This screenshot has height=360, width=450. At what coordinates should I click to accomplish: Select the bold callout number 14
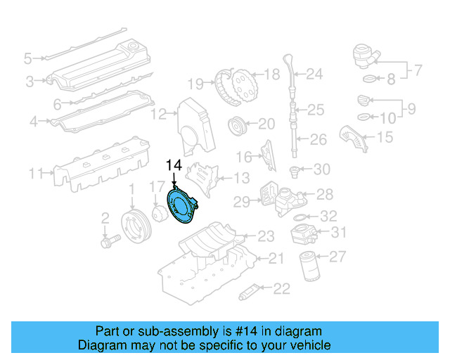[174, 166]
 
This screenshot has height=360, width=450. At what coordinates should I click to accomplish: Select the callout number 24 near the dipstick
[314, 73]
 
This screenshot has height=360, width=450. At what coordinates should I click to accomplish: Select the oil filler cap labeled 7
[366, 55]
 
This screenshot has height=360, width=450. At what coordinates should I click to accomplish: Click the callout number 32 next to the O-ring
[328, 217]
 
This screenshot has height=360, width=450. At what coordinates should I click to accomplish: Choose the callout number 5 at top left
[27, 58]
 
